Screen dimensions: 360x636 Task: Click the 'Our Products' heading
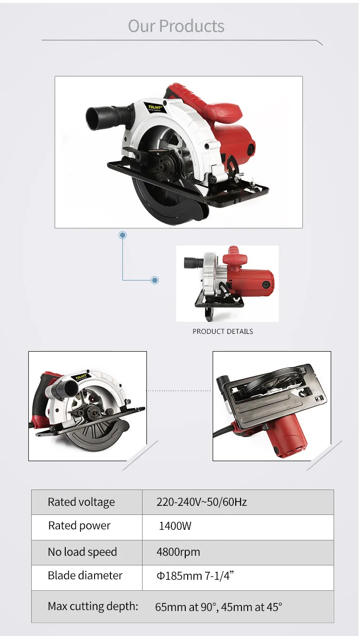point(176,26)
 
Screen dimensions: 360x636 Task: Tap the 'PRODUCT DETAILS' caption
point(223,331)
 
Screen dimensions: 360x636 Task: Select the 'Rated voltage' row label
point(81,502)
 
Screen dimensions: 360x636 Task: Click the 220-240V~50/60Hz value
point(202,502)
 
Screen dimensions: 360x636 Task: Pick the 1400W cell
point(175,526)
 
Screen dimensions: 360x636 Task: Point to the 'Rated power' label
point(79,526)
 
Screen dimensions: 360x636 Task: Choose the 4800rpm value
point(178,552)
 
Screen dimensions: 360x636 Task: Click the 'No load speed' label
point(82,552)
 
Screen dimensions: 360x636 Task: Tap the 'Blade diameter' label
point(85,575)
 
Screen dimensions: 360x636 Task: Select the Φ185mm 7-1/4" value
point(195,575)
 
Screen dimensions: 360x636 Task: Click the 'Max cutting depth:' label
point(93,606)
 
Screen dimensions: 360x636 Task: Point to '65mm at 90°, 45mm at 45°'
point(218,607)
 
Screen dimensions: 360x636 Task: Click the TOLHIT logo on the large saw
point(155,107)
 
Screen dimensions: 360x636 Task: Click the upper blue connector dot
point(122,235)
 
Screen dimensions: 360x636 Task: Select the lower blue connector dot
point(155,280)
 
